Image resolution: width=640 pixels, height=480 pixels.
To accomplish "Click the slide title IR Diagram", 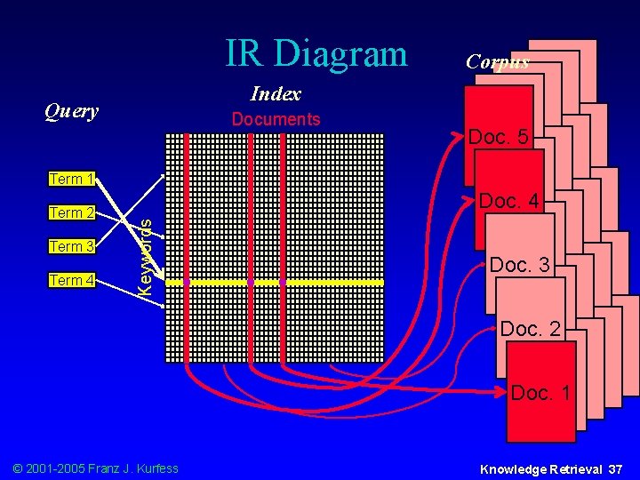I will tap(316, 53).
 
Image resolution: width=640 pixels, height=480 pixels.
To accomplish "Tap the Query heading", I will tap(71, 111).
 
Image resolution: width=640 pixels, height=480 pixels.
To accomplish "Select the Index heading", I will tap(276, 93).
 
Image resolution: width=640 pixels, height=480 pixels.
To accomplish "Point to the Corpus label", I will tap(498, 61).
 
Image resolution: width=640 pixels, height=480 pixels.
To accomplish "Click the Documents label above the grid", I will tap(276, 119).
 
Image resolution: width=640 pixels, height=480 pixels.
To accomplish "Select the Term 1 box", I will tap(72, 179).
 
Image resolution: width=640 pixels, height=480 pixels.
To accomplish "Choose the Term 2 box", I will tap(72, 212).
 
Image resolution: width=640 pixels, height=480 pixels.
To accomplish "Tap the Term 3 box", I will tap(72, 246).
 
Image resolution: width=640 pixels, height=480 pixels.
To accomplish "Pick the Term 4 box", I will tap(72, 281).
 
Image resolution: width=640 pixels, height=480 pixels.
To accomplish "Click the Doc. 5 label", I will tap(499, 137).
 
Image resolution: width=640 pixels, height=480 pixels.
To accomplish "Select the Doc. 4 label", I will tap(508, 202).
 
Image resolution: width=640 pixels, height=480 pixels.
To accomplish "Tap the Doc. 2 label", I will tap(530, 329).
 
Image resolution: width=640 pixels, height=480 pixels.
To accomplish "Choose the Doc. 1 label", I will tap(540, 392).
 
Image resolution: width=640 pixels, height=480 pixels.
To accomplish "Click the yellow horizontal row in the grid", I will tap(329, 282).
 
